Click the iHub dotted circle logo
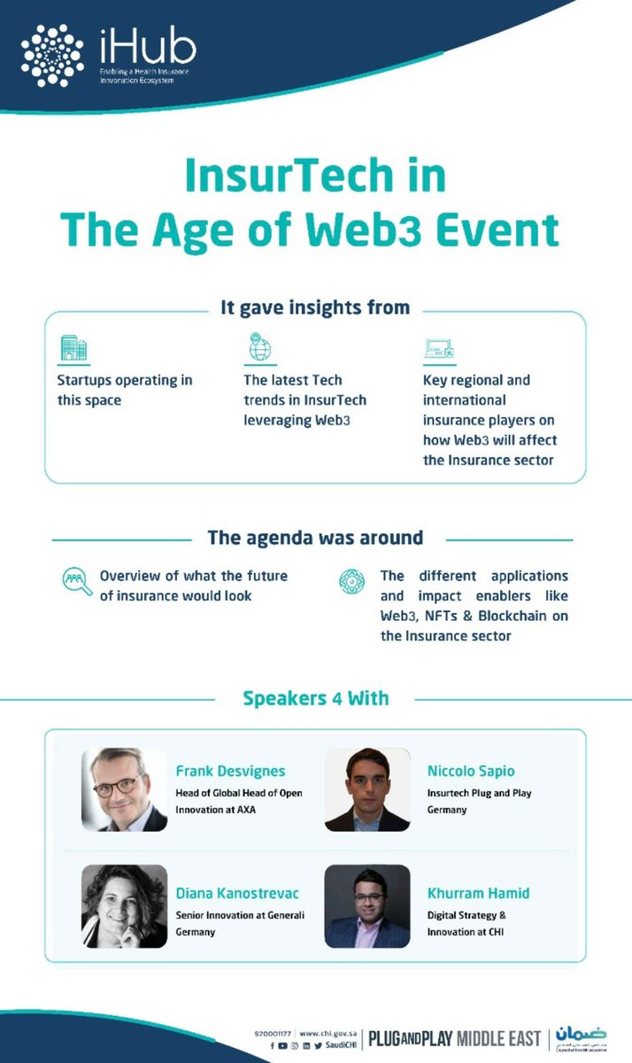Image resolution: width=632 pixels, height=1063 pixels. pyautogui.click(x=52, y=55)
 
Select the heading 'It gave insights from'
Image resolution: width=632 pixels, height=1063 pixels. pyautogui.click(x=315, y=307)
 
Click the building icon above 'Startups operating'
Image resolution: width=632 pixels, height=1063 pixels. pyautogui.click(x=73, y=348)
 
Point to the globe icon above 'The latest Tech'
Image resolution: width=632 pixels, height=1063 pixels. pyautogui.click(x=259, y=348)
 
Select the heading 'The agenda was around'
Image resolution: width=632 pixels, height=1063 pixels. pyautogui.click(x=315, y=538)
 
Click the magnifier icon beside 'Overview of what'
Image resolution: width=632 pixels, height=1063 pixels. pyautogui.click(x=76, y=581)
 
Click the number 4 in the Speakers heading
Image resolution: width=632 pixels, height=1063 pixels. pyautogui.click(x=337, y=698)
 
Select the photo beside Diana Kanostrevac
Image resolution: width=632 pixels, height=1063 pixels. pyautogui.click(x=124, y=906)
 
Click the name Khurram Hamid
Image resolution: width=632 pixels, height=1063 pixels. pyautogui.click(x=478, y=893)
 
